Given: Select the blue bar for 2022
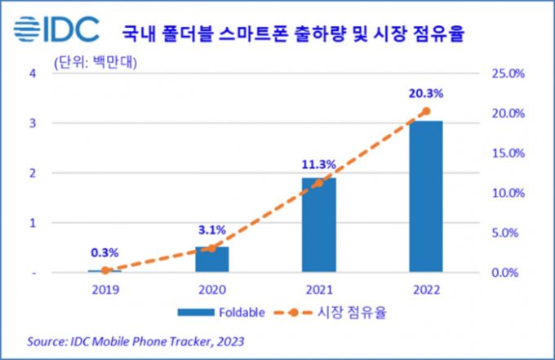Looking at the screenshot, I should [425, 196].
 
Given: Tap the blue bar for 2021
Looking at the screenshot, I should [318, 224].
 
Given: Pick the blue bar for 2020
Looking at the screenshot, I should [212, 259].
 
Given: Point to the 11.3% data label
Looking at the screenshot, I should [318, 164].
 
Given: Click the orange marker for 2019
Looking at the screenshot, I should [105, 270].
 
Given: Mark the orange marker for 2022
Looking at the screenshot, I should [425, 111].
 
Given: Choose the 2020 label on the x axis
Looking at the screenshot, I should [212, 288].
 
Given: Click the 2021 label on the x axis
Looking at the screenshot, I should [318, 288].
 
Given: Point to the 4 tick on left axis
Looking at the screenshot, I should [33, 73].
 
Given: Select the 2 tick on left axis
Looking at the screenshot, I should [33, 173].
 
